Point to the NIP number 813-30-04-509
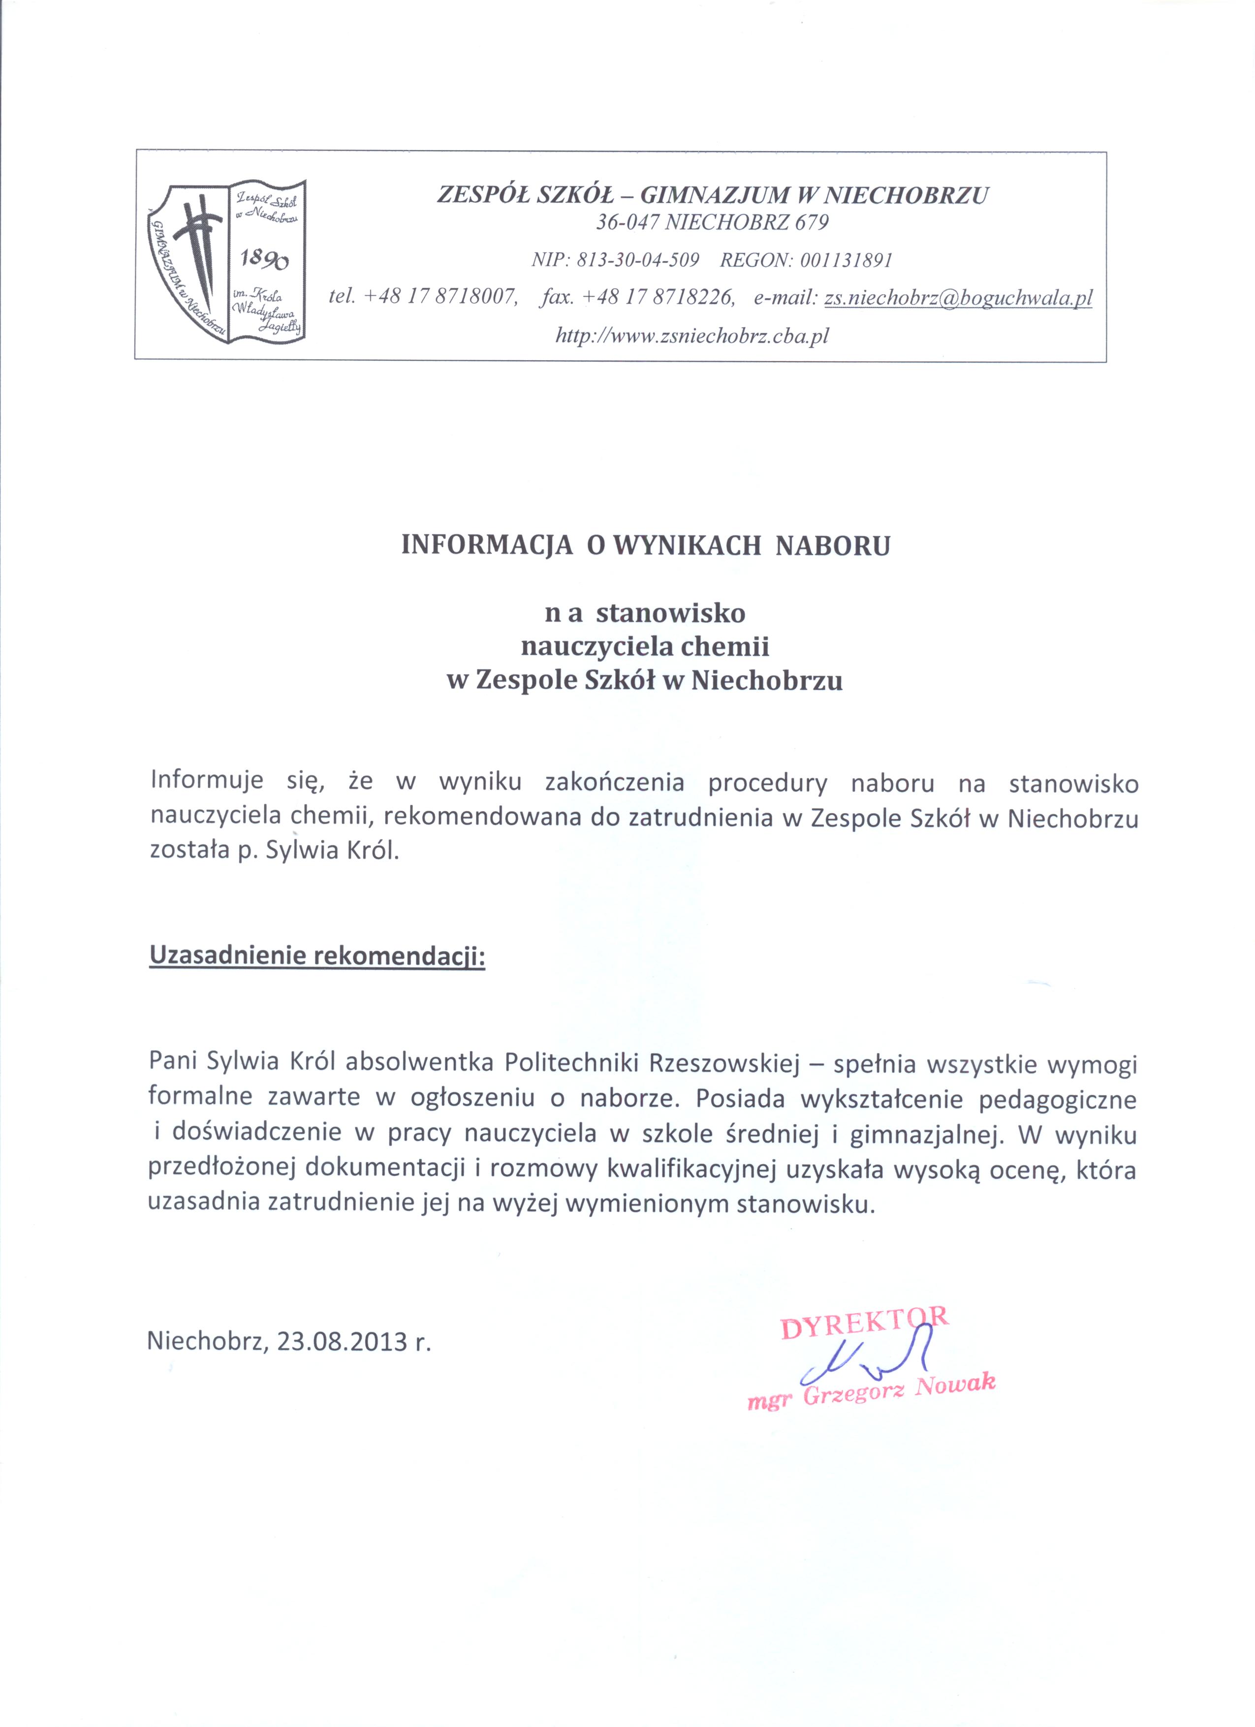[638, 260]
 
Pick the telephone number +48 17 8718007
[441, 298]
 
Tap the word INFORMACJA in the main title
[487, 546]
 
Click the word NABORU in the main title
[832, 546]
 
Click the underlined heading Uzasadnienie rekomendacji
[317, 956]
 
